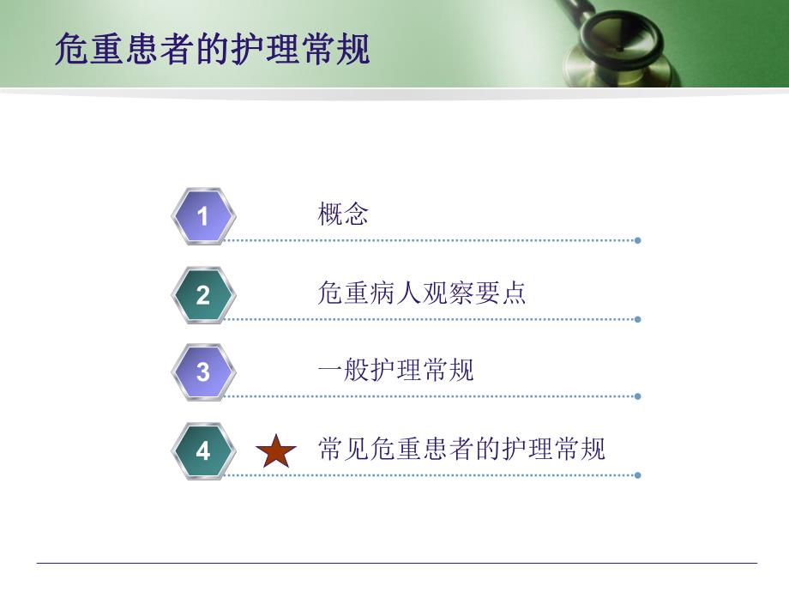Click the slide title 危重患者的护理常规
click(212, 49)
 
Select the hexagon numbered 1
click(202, 216)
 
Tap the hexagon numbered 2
click(202, 295)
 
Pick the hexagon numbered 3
click(202, 372)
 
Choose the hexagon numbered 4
click(202, 450)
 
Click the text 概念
click(343, 214)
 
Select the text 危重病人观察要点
click(421, 293)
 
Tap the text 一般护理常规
click(395, 371)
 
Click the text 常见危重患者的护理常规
click(461, 449)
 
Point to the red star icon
click(276, 451)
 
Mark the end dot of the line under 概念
click(637, 240)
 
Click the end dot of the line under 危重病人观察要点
click(637, 319)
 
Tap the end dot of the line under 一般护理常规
click(637, 396)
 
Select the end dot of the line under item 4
click(637, 474)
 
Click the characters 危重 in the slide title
click(86, 49)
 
